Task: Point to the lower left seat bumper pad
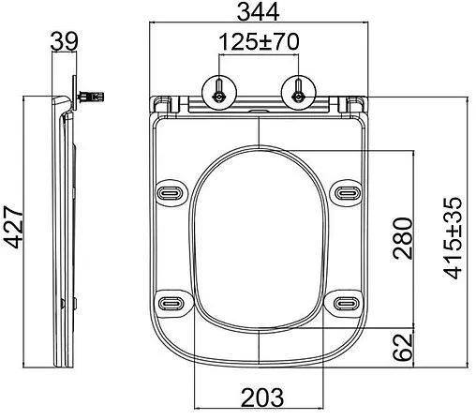click(171, 302)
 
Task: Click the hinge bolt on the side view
click(94, 95)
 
